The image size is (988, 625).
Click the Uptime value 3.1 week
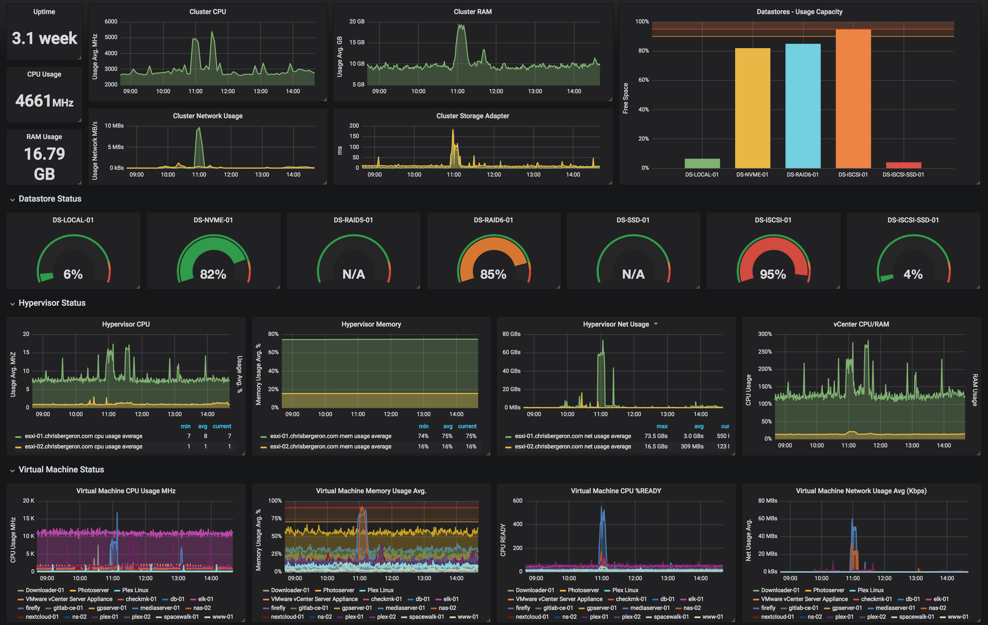44,38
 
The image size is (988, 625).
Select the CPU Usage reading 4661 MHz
44,101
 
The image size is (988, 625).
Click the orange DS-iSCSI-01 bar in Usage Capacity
853,98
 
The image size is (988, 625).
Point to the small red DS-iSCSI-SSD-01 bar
903,165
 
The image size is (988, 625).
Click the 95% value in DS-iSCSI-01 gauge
773,274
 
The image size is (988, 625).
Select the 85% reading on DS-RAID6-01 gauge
493,274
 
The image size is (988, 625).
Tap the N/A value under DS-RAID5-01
353,274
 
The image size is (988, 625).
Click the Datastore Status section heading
50,199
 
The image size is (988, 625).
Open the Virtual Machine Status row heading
61,470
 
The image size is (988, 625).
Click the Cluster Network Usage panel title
208,116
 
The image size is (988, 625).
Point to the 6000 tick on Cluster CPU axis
111,21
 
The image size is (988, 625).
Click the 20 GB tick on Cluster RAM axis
357,21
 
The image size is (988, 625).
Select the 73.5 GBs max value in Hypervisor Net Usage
656,436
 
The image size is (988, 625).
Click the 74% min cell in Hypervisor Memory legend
423,436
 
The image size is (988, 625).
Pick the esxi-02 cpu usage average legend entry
83,447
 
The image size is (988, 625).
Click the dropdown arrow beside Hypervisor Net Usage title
656,324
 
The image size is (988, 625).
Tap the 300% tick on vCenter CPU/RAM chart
765,334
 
